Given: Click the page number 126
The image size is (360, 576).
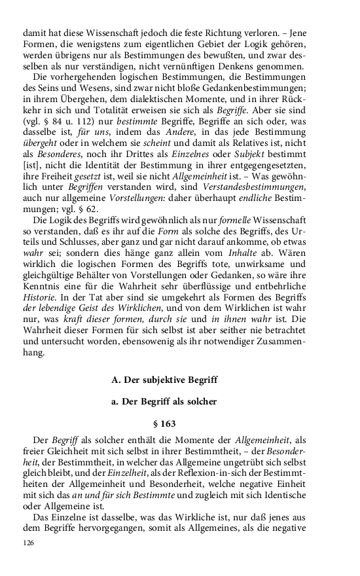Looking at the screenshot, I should (28, 543).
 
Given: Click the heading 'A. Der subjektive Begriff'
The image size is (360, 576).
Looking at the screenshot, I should (165, 380).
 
